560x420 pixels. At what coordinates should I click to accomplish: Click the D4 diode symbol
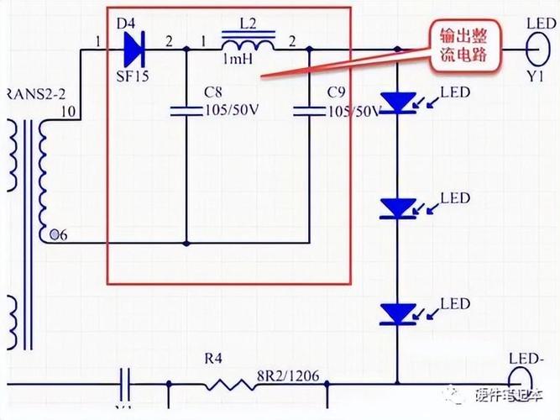[135, 50]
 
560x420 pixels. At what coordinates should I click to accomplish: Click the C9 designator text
[336, 91]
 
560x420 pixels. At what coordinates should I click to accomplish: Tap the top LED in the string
[397, 102]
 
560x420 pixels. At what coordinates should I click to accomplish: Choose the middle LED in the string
[397, 207]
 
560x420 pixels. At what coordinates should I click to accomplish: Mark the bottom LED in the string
[397, 312]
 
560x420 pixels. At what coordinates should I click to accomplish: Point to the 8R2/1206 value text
[288, 375]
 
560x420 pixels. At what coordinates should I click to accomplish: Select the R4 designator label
[214, 359]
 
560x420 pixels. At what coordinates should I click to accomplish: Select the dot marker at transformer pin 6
[55, 234]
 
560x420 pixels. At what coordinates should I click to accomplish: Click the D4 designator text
[126, 23]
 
